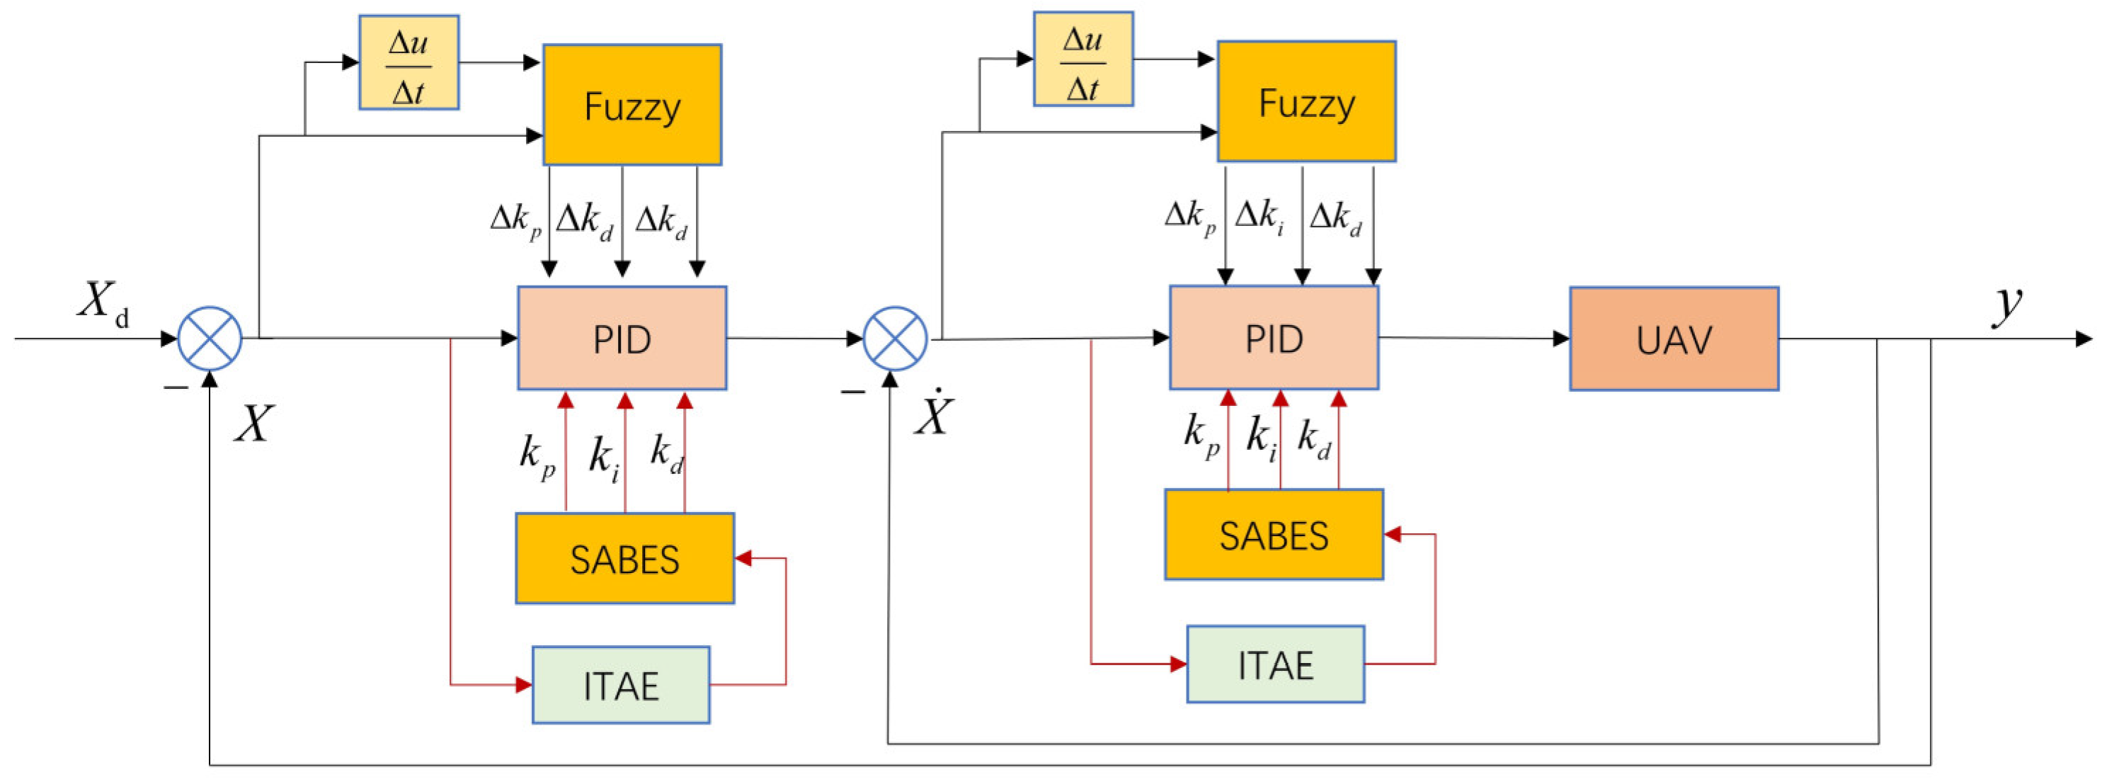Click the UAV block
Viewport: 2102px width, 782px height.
click(x=1674, y=339)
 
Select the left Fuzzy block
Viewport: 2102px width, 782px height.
click(x=632, y=106)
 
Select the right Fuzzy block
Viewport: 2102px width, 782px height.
click(x=1306, y=102)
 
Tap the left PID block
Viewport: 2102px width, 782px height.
click(x=622, y=338)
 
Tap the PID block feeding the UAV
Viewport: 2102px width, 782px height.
click(x=1273, y=337)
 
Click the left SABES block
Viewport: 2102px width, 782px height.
click(x=624, y=558)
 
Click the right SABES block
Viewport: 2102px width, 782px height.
click(x=1273, y=535)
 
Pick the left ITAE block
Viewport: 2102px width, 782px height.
click(x=620, y=685)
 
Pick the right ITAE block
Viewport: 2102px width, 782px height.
click(x=1274, y=664)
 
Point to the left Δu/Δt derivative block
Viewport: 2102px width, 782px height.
click(x=409, y=63)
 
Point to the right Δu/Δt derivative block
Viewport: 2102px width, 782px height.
click(x=1083, y=59)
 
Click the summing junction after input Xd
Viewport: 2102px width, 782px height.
click(x=210, y=338)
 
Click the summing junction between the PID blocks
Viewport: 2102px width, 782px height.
click(x=894, y=338)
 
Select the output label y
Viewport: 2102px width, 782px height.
click(x=2008, y=304)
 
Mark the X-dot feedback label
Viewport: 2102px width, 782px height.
click(x=932, y=414)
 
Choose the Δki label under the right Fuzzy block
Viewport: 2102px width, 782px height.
click(x=1258, y=216)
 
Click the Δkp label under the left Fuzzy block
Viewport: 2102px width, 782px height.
click(x=515, y=220)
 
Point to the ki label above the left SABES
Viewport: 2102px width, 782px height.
click(x=604, y=457)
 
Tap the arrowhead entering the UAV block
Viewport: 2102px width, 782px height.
click(x=1560, y=338)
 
